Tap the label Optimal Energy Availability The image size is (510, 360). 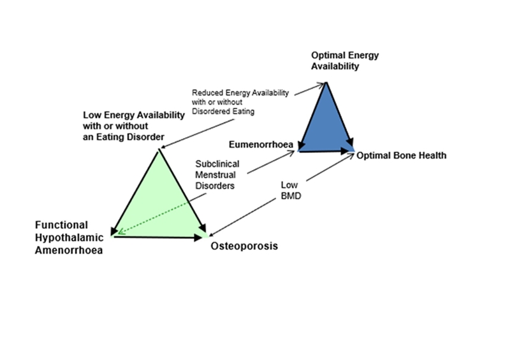pyautogui.click(x=344, y=61)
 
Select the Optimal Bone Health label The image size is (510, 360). pyautogui.click(x=402, y=155)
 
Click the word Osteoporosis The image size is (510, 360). pyautogui.click(x=244, y=246)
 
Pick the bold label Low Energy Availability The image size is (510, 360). pyautogui.click(x=134, y=115)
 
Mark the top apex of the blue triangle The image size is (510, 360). pyautogui.click(x=326, y=83)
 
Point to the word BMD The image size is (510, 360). pyautogui.click(x=290, y=196)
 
